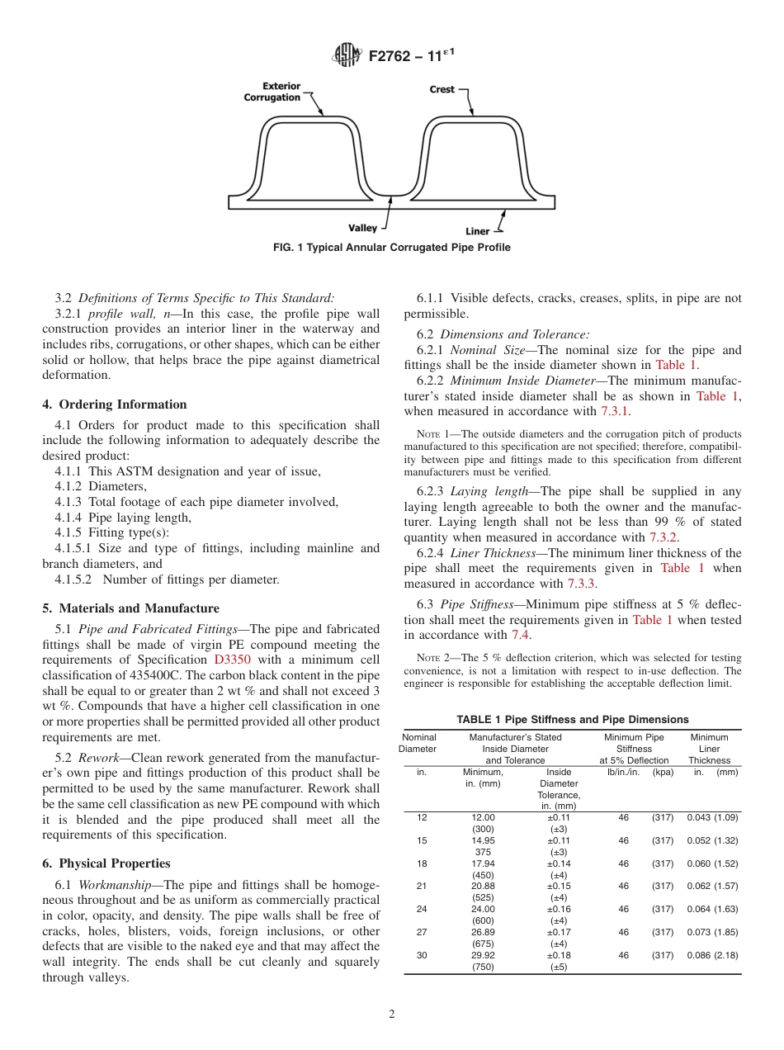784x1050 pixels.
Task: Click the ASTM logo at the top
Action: tap(346, 55)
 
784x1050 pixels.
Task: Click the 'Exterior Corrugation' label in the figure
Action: tap(272, 92)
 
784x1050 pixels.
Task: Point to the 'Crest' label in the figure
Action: tap(442, 89)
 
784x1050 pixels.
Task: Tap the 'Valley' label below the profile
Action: tap(362, 228)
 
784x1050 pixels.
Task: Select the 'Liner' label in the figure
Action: tap(477, 232)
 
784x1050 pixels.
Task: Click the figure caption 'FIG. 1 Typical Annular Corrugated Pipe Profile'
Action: tap(392, 248)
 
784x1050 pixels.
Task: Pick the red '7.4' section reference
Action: tap(521, 635)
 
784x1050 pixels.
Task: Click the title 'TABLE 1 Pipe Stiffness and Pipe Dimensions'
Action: tap(572, 720)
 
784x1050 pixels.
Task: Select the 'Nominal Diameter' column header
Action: tap(418, 743)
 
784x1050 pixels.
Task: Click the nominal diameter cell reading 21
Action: tap(422, 887)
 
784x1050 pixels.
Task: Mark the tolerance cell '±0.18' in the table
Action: tap(559, 955)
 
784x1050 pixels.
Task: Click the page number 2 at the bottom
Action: tap(392, 1015)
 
